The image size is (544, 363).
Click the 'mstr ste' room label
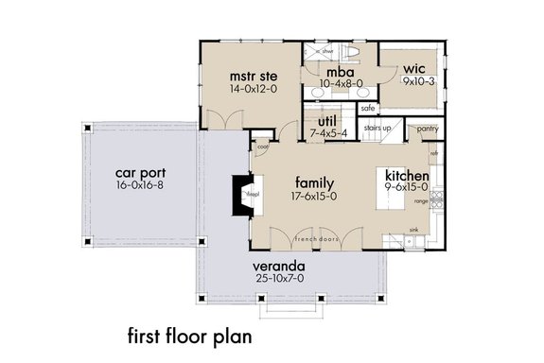[251, 75]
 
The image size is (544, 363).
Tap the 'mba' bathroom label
[341, 71]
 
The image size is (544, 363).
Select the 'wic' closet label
[413, 69]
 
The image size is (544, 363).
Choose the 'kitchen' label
[409, 177]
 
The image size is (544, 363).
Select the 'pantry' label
[428, 128]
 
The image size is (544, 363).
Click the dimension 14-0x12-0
[251, 89]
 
